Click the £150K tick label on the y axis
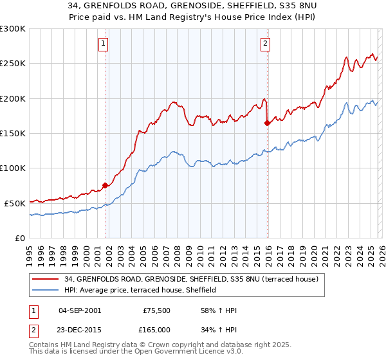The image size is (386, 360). (x=13, y=133)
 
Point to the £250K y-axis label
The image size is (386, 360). (x=13, y=64)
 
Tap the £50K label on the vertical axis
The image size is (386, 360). (x=15, y=203)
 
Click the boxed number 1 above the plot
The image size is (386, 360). (x=104, y=44)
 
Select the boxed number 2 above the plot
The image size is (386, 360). (x=265, y=44)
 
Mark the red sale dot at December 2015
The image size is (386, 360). (x=267, y=123)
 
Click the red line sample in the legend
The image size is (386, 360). (x=46, y=280)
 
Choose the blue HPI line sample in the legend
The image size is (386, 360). (x=46, y=290)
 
